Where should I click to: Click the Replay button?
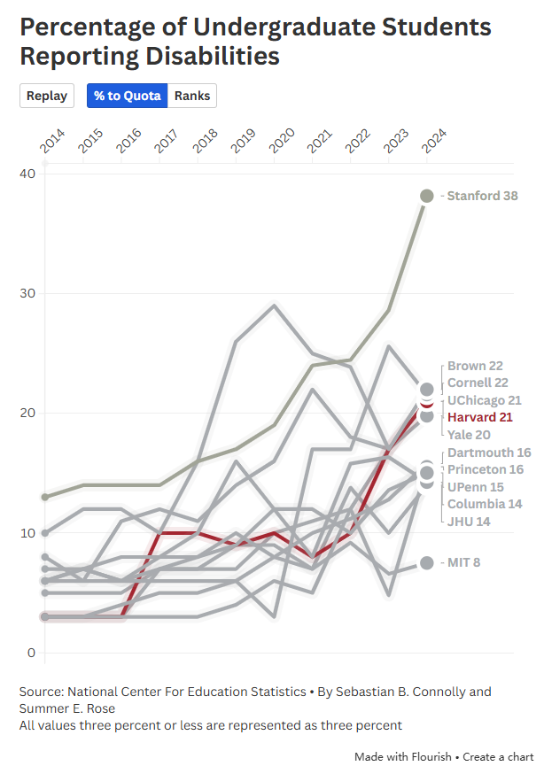tap(47, 96)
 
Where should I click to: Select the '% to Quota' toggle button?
tap(128, 96)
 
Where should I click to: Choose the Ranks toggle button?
tap(192, 96)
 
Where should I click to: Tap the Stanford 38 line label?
tap(482, 196)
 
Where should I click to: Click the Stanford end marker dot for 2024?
tap(426, 196)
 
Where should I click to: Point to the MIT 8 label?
tap(463, 562)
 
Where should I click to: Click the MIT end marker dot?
tap(426, 562)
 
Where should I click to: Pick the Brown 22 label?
tap(475, 366)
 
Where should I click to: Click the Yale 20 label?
tap(470, 434)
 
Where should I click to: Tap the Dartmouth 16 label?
tap(489, 453)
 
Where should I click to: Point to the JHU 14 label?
tap(469, 521)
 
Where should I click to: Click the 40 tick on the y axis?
tap(27, 174)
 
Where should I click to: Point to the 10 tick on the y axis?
tap(27, 533)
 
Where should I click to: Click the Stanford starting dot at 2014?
tap(45, 497)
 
